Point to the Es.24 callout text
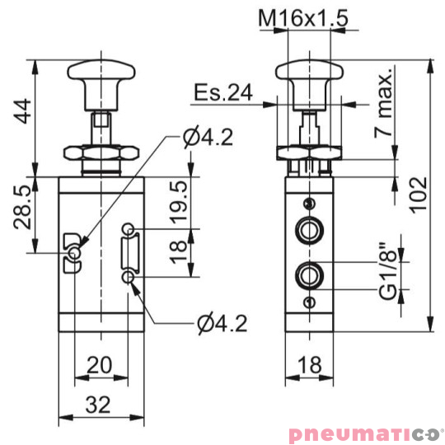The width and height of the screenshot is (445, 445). click(x=222, y=92)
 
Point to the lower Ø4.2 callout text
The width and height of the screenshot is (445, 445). click(x=222, y=324)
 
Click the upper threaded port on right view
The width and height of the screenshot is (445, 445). click(x=309, y=228)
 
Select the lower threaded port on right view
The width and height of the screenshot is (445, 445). click(x=309, y=273)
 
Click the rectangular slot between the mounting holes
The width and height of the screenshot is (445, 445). click(x=129, y=251)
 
